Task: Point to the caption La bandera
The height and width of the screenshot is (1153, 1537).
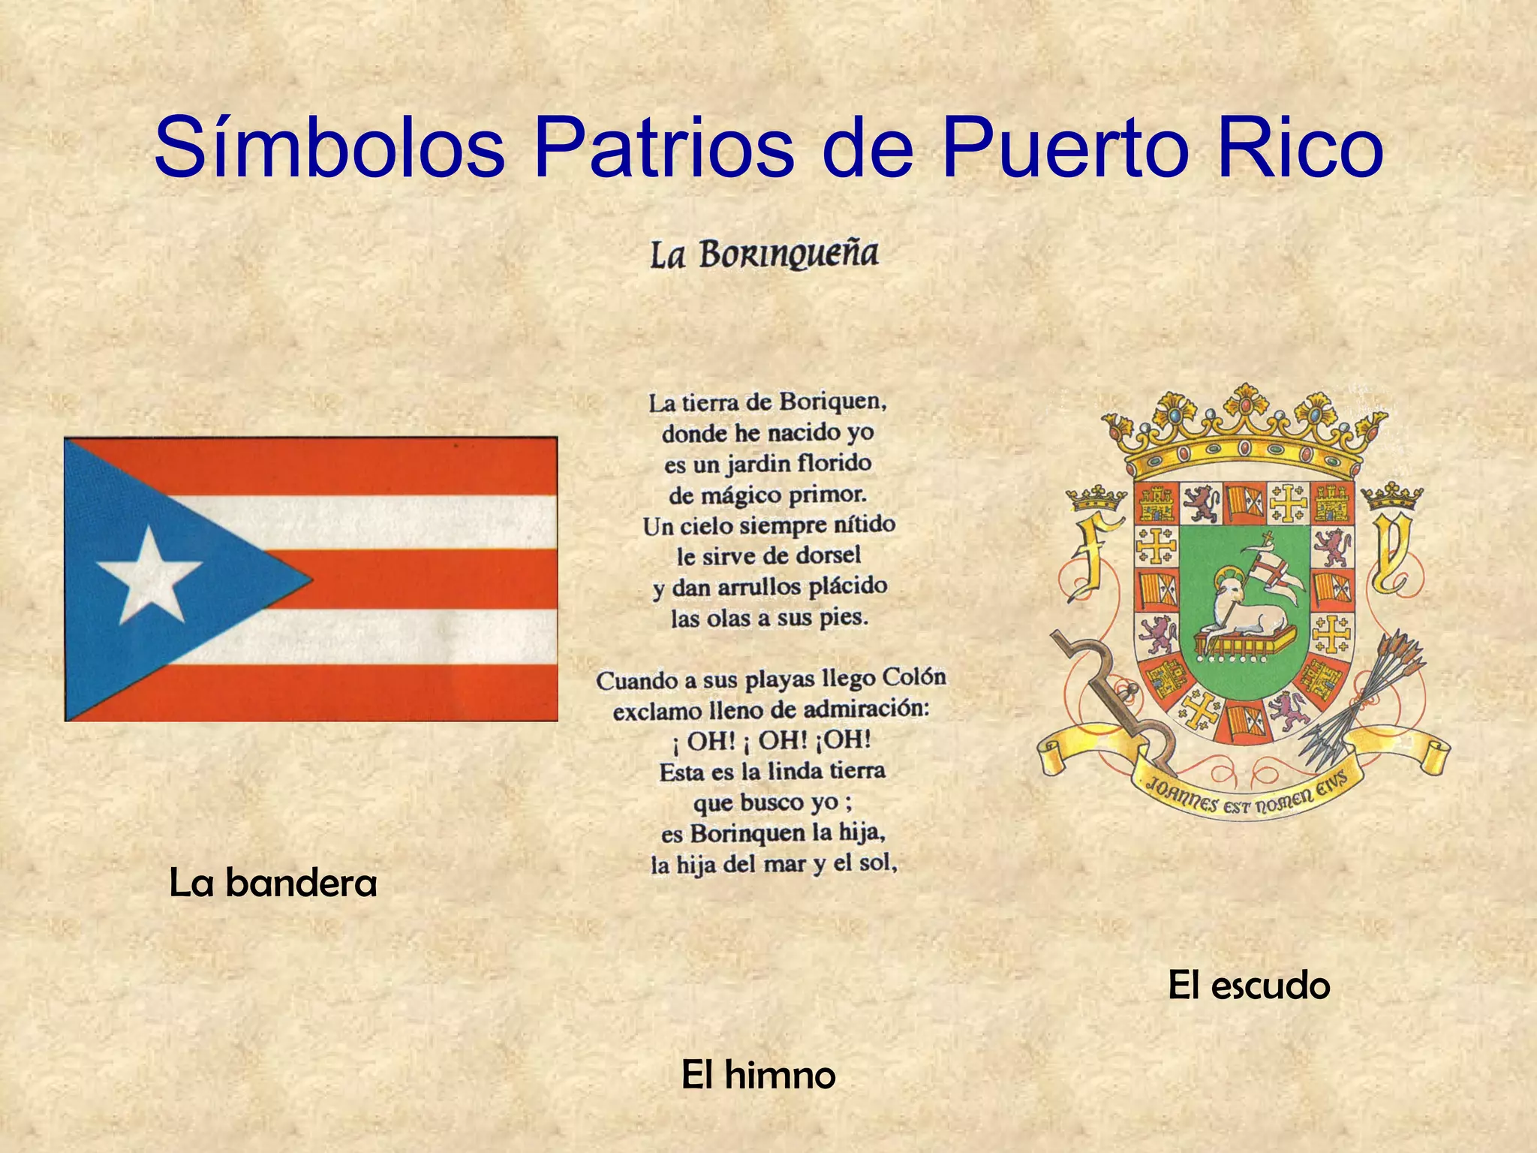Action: [x=273, y=883]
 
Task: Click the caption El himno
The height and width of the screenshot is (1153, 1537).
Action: [x=758, y=1075]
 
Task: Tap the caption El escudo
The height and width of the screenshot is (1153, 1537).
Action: [x=1249, y=985]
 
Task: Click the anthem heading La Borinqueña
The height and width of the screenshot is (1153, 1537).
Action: [x=764, y=255]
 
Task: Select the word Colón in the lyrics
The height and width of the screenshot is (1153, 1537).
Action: [x=914, y=677]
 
